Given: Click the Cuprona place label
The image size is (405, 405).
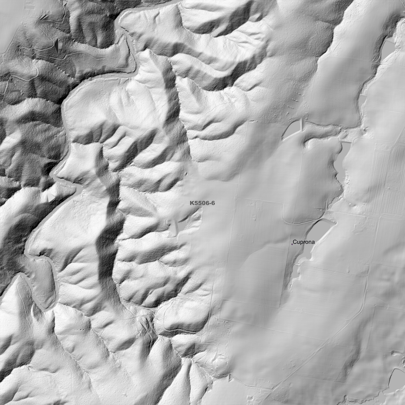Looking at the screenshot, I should click(304, 242).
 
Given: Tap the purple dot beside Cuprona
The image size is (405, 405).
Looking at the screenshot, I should click(292, 244).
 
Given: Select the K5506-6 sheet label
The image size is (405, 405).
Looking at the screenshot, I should click(202, 203).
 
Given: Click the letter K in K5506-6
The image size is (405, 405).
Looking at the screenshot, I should click(192, 203).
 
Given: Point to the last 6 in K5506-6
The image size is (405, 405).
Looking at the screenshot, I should click(213, 203).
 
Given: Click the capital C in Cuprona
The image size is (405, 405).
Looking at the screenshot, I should click(295, 242).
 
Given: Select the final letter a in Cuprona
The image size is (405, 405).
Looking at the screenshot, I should click(313, 242).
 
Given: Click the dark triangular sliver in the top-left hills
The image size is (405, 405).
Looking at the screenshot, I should click(57, 45).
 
